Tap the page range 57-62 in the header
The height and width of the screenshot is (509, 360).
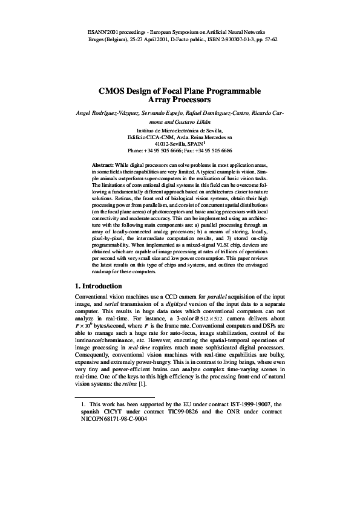click(268, 37)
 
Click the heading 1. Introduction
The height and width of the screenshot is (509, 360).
click(98, 286)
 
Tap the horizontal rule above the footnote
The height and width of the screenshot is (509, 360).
click(114, 397)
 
